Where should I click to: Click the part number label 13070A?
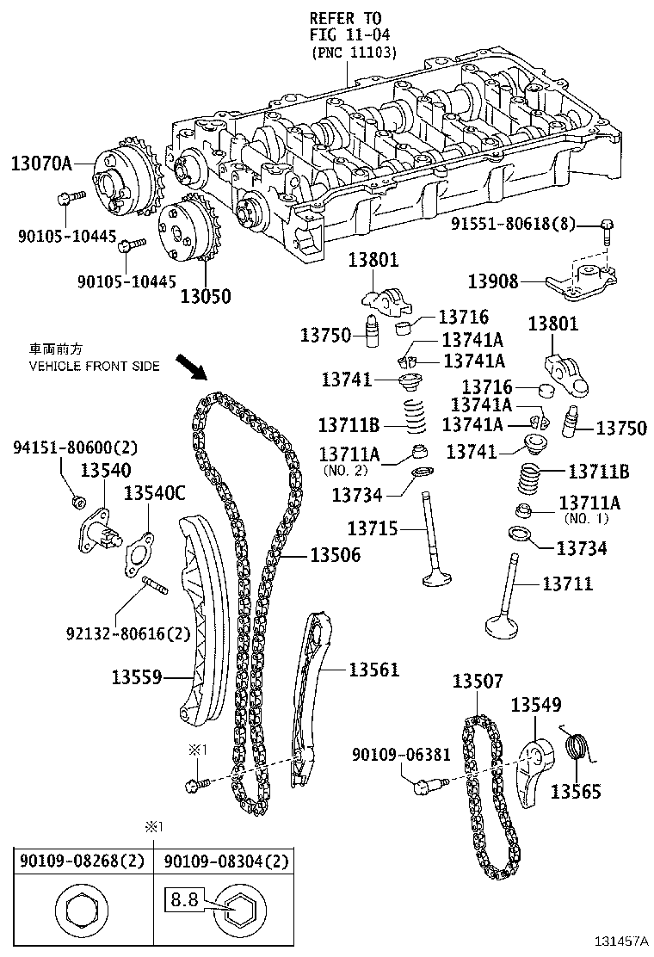pos(40,162)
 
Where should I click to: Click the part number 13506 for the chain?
pos(332,557)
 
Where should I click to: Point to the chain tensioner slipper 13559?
pos(201,620)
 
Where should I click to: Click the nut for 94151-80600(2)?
pos(77,501)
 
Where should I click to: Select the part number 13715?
pos(373,528)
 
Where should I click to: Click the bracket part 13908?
pos(585,282)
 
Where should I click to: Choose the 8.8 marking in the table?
pos(183,901)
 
